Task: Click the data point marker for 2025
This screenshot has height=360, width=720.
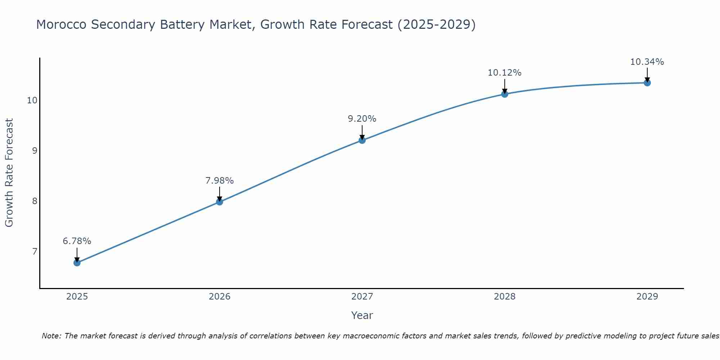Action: click(x=77, y=263)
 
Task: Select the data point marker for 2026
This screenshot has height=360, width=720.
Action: click(x=220, y=202)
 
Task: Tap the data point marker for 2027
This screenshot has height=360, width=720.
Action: click(x=362, y=140)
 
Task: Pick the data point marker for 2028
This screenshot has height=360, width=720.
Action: click(x=505, y=94)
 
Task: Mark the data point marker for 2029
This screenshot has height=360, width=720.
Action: click(x=647, y=83)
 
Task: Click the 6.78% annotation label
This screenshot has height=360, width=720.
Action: click(x=77, y=241)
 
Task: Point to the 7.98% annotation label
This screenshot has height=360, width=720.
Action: click(x=220, y=181)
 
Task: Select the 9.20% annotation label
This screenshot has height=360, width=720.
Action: click(x=362, y=119)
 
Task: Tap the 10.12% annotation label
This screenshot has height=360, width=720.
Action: click(x=505, y=73)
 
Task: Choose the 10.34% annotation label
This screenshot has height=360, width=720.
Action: click(x=647, y=62)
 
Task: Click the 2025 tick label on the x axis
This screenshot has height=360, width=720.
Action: click(x=77, y=297)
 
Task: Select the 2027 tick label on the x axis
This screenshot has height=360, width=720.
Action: click(x=362, y=297)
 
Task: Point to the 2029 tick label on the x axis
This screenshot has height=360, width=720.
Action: click(x=647, y=297)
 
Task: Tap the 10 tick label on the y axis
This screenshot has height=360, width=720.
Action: click(x=32, y=100)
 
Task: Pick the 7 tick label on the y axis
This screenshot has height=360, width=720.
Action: click(x=35, y=251)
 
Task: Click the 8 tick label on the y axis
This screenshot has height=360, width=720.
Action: click(x=35, y=201)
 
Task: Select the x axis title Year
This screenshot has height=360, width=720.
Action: click(x=362, y=315)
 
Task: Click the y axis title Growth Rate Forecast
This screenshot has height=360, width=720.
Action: click(x=9, y=173)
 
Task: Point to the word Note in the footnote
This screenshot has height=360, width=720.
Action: click(x=51, y=336)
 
